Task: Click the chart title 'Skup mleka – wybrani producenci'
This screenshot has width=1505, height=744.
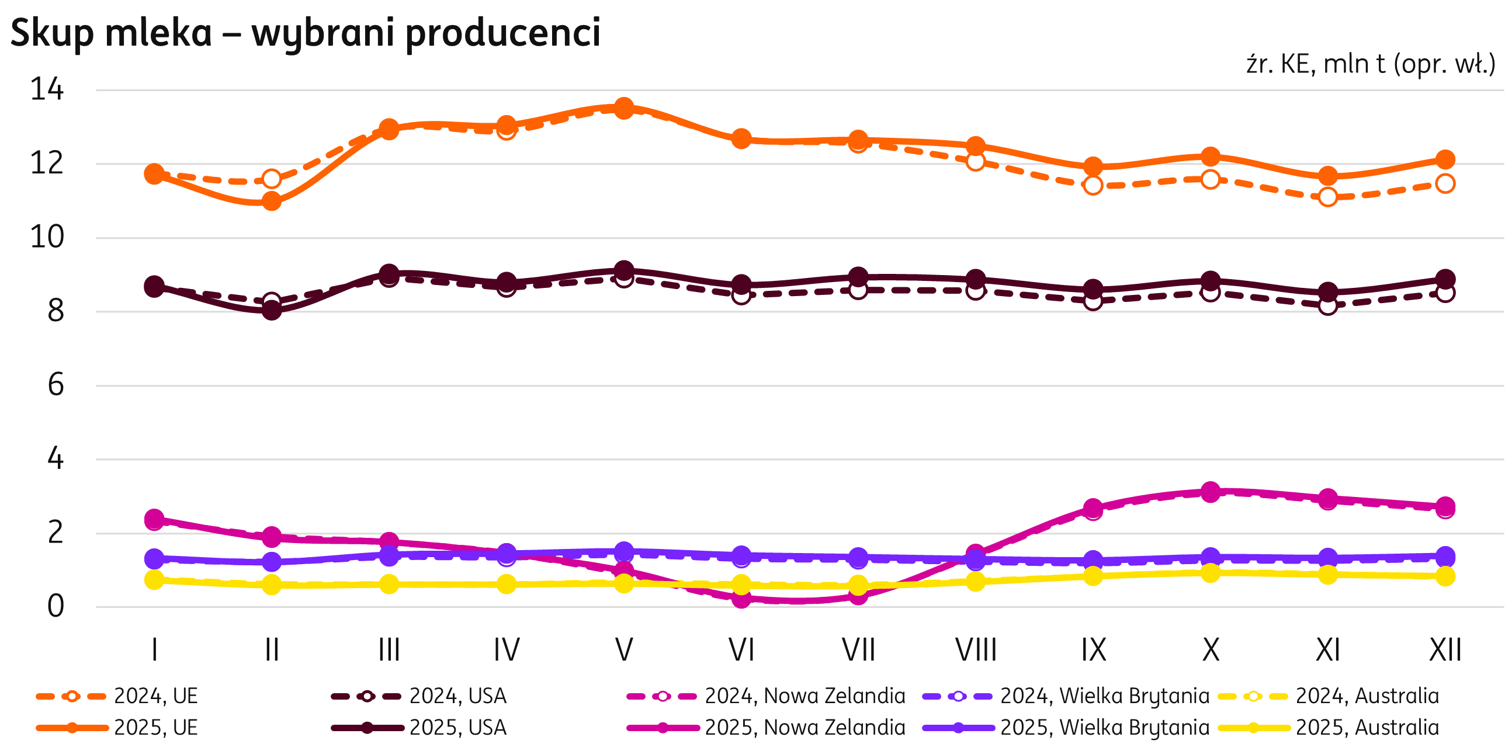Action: tap(305, 33)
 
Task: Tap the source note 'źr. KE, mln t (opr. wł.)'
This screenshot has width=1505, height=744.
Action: tap(1370, 64)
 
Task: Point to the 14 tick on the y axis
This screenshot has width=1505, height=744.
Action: tap(47, 90)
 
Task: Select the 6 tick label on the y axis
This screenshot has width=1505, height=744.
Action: tap(55, 385)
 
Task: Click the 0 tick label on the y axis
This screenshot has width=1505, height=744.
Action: tap(55, 607)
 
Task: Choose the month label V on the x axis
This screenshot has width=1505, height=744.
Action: tap(624, 649)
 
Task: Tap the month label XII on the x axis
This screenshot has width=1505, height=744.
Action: tap(1445, 649)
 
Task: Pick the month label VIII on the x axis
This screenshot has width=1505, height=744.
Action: tap(976, 649)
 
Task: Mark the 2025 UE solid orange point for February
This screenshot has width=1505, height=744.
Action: tap(272, 201)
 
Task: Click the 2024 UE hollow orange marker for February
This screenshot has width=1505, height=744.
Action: tap(272, 178)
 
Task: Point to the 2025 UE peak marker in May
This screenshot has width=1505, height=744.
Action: tap(624, 107)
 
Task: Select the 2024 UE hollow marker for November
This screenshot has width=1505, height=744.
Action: tap(1328, 197)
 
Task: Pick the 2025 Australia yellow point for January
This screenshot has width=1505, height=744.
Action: tap(154, 580)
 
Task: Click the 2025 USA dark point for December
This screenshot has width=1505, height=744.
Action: tap(1445, 279)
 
